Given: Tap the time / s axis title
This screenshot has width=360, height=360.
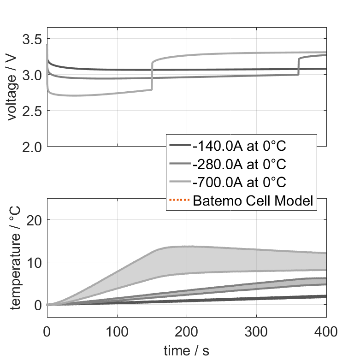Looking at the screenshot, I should (x=186, y=351).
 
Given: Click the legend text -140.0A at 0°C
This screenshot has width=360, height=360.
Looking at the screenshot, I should (x=240, y=146).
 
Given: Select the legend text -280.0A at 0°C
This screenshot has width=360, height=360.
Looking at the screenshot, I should (x=240, y=164).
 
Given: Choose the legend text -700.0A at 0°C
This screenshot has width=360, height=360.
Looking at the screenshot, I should (x=240, y=182).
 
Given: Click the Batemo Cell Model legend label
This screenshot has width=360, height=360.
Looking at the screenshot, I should (x=254, y=201).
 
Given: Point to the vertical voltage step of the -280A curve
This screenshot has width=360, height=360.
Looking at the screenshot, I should (x=299, y=66).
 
